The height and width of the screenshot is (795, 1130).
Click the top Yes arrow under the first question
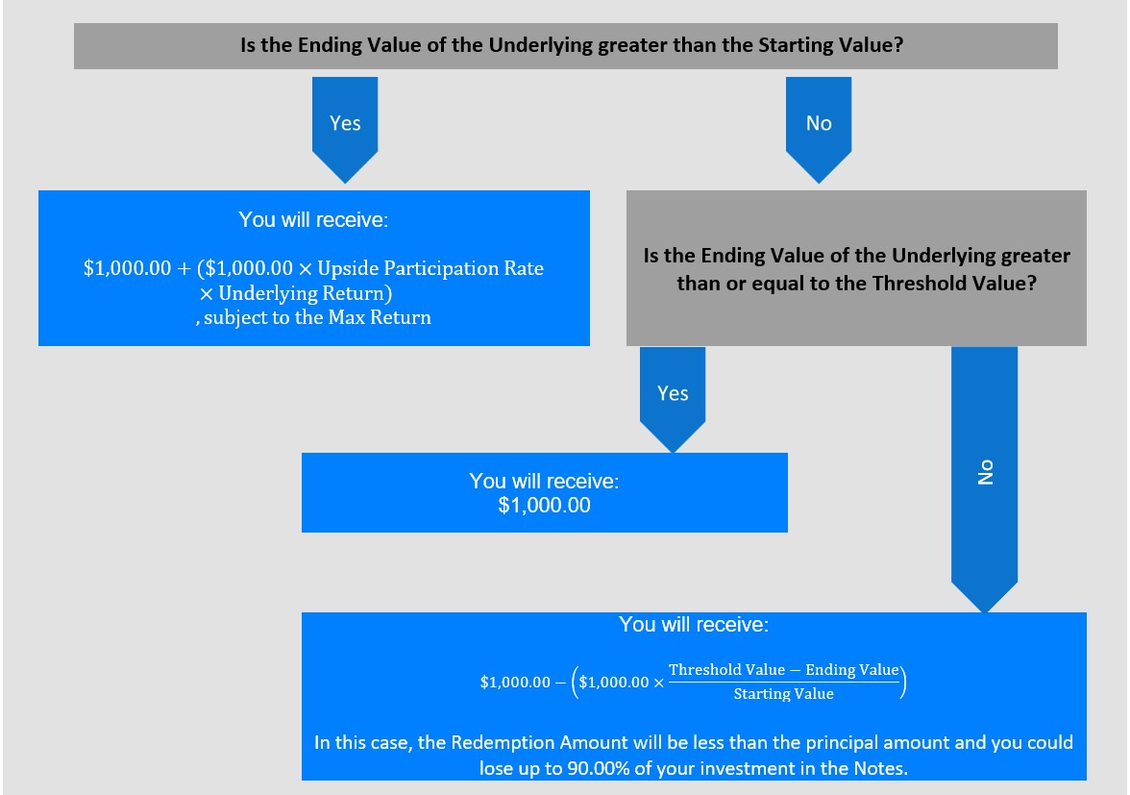tap(344, 130)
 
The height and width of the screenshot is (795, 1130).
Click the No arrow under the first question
tap(819, 130)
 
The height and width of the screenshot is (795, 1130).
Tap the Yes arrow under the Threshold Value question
tap(673, 400)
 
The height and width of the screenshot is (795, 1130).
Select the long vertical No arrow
tap(984, 480)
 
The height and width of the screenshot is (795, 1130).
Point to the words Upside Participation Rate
tap(430, 268)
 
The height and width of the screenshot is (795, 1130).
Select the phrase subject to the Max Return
tap(317, 318)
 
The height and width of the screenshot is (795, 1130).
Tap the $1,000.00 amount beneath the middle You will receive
tap(544, 506)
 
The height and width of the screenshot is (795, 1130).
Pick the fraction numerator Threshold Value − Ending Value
tap(783, 670)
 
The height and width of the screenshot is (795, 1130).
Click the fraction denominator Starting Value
tap(783, 694)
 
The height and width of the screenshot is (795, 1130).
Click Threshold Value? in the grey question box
tap(954, 284)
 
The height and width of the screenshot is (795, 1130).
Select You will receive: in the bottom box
tap(694, 624)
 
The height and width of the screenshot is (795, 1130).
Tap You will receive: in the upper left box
tap(313, 220)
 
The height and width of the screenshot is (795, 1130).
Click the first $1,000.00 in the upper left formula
tap(128, 268)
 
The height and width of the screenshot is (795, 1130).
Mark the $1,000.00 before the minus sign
tap(515, 682)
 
